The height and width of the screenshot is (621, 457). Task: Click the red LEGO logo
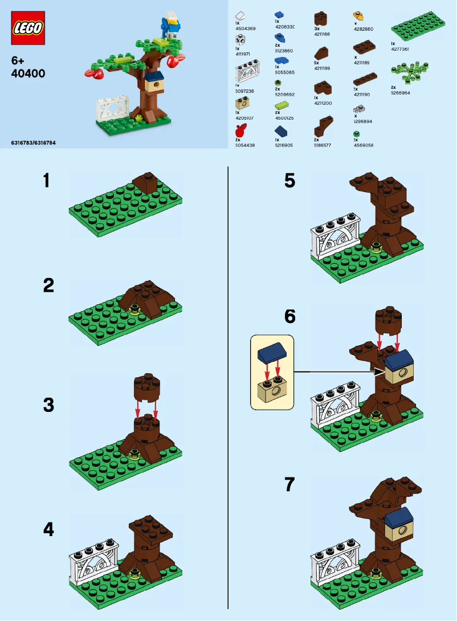click(27, 28)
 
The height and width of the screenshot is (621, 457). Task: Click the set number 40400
click(24, 73)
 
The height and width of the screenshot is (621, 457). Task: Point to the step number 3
click(48, 406)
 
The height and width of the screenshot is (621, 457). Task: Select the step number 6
click(290, 317)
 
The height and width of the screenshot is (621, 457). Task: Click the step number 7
click(290, 485)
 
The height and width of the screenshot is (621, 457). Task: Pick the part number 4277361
click(400, 49)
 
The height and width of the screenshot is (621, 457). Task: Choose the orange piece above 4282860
click(358, 15)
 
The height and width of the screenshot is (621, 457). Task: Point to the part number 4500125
click(284, 118)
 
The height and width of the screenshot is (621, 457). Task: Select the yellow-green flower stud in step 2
click(135, 309)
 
